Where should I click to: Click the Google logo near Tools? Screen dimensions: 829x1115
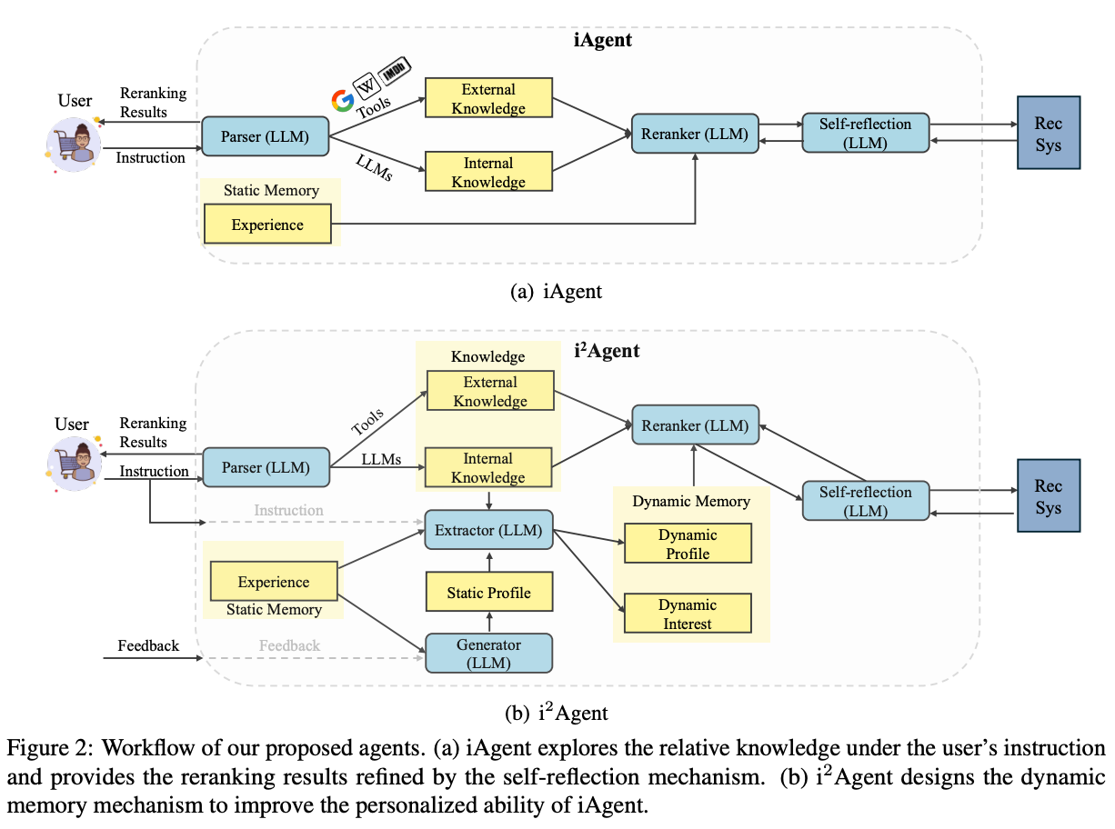342,100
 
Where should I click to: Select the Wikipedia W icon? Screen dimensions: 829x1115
367,86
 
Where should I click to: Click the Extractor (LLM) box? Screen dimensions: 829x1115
488,530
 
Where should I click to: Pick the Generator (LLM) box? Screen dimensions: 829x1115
488,654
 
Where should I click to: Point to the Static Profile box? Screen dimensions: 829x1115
488,593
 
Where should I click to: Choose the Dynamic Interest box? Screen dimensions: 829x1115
688,614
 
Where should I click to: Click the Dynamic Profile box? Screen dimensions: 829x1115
688,544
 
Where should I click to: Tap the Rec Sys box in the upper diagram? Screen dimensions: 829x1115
1048,134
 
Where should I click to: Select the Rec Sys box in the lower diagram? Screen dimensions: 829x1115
1048,496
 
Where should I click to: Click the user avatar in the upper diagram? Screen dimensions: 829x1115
75,143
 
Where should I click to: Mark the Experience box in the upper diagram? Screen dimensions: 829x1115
267,225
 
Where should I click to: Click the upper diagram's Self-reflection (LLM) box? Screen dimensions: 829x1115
865,134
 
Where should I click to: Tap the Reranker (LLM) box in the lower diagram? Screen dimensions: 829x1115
695,424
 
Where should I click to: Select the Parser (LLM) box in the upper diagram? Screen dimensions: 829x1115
265,137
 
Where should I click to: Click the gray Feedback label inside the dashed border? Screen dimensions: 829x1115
289,645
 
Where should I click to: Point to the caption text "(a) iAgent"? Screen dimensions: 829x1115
557,292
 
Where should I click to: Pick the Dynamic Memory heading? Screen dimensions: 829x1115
691,501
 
